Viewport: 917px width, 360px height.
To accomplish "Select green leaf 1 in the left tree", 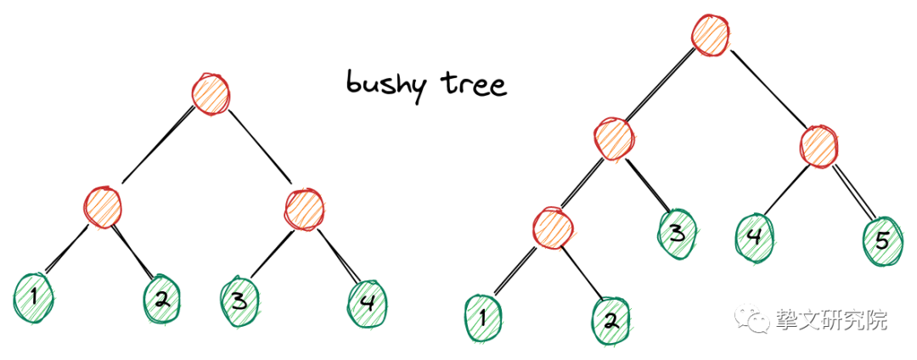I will tap(33, 295).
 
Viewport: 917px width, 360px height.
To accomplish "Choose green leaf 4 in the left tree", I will tap(368, 300).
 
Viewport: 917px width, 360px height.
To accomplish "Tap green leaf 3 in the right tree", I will tap(677, 231).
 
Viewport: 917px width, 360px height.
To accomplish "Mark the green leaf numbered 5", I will tap(882, 240).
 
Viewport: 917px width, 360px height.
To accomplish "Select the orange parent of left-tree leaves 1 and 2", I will tap(104, 206).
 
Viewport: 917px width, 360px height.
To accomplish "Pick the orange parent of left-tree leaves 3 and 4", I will tap(303, 208).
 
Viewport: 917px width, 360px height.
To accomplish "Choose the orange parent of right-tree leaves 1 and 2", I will tap(554, 227).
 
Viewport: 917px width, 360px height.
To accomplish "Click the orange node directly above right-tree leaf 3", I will tap(613, 138).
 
